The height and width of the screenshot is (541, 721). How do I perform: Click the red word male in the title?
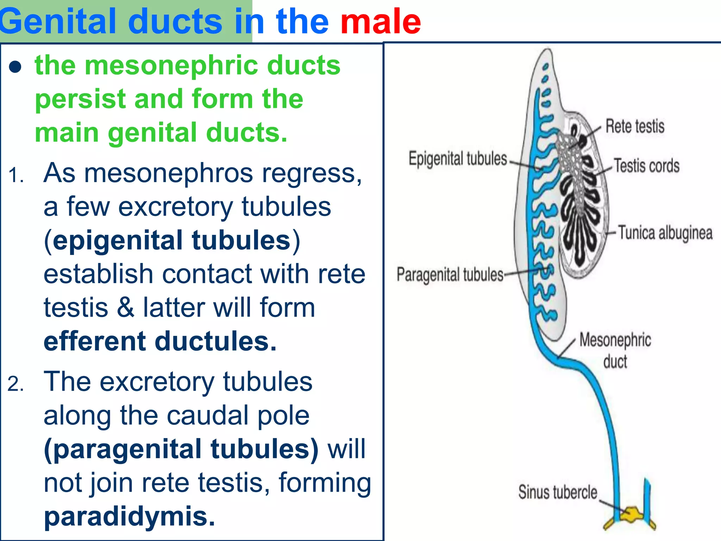(380, 22)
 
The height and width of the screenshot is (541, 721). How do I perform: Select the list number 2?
(15, 384)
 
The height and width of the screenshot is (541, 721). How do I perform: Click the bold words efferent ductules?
(160, 341)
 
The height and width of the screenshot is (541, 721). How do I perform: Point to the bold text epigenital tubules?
(171, 241)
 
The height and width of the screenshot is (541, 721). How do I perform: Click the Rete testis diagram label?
(635, 126)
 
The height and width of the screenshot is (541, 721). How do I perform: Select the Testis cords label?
(647, 166)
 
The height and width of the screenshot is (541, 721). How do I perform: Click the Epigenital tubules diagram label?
(458, 158)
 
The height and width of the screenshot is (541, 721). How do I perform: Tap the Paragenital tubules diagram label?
(450, 274)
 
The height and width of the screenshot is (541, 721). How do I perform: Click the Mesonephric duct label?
(615, 350)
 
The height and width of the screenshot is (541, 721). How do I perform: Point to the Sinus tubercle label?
(558, 492)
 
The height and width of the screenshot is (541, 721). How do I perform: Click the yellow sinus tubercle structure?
(632, 515)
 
